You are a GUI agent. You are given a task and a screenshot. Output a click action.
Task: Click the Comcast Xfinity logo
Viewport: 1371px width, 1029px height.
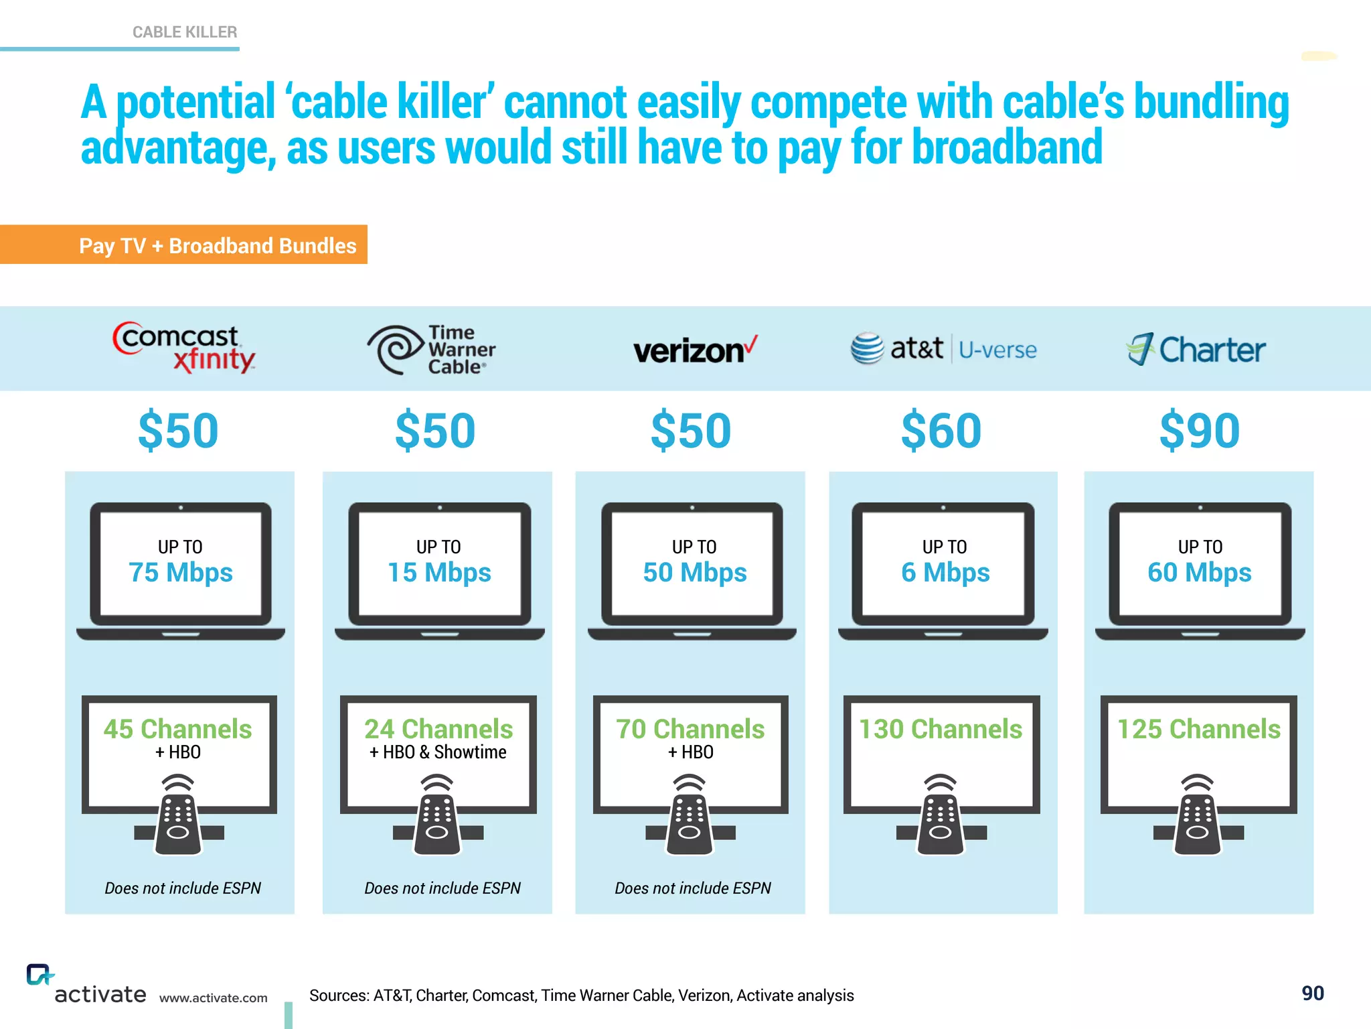(x=183, y=347)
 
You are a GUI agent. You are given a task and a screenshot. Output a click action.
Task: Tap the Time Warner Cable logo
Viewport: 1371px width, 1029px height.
(x=432, y=350)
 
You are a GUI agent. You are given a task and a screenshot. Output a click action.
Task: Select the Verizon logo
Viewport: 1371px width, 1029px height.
(x=695, y=350)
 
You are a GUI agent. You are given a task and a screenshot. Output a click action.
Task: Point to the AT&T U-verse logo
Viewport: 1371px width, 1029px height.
(x=943, y=348)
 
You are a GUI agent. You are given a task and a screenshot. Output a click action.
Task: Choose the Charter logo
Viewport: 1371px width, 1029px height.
(x=1196, y=349)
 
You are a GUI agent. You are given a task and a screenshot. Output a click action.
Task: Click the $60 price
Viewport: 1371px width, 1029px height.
(x=941, y=431)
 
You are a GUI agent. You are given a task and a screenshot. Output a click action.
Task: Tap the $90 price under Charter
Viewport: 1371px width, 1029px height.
(x=1200, y=431)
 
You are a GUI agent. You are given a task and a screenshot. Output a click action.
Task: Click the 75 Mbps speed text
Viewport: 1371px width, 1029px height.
(x=181, y=573)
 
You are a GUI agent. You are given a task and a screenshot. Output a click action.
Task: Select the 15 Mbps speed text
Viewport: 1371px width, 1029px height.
(x=439, y=573)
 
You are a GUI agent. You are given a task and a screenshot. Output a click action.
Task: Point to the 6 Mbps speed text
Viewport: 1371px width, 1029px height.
(x=945, y=573)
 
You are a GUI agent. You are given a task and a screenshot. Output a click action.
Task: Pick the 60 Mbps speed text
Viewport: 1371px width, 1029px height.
(x=1200, y=573)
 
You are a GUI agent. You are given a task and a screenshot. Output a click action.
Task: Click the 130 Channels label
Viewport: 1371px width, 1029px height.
(x=941, y=729)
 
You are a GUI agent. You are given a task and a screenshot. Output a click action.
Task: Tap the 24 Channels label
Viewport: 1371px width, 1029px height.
(x=438, y=729)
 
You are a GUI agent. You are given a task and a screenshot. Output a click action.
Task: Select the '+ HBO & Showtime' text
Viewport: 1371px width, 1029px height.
(x=438, y=752)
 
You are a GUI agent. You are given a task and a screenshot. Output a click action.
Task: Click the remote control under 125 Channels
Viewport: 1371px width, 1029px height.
(x=1198, y=817)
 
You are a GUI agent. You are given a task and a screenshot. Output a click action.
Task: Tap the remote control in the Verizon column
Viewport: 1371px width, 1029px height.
(x=690, y=817)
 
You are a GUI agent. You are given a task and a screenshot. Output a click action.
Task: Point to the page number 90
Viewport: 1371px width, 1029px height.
(x=1313, y=993)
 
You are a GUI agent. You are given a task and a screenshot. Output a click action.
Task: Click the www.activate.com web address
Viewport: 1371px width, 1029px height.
(x=213, y=998)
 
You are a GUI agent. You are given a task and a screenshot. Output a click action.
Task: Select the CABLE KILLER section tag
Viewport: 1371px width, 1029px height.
(x=185, y=32)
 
